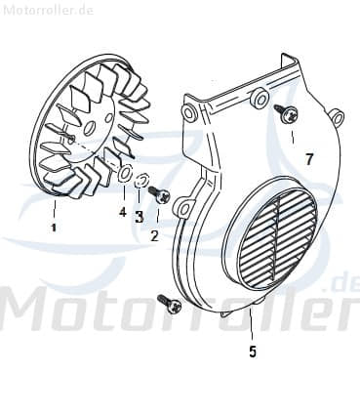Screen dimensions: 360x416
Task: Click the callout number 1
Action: pos(54,228)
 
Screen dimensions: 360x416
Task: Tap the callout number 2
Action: pos(154,235)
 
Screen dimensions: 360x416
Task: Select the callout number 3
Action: pos(140,217)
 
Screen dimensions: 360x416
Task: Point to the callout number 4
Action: pos(122,212)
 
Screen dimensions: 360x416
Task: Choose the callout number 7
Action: pos(308,158)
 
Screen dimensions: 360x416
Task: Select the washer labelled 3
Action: pos(140,181)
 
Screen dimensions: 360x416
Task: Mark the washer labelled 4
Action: pos(125,174)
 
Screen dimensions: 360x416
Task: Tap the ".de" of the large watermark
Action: pos(342,284)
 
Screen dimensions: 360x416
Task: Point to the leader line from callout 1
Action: pos(55,209)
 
